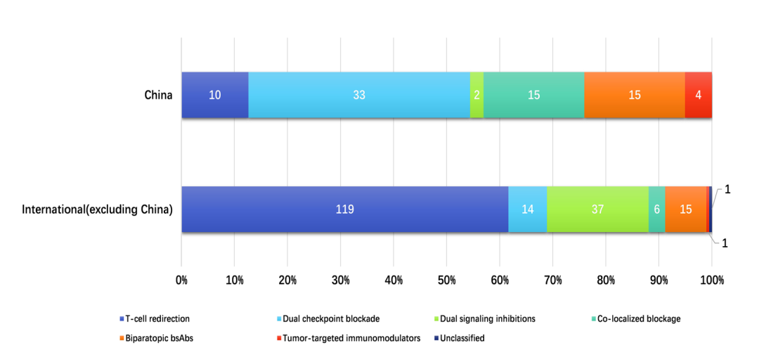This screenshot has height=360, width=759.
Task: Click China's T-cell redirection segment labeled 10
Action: [215, 95]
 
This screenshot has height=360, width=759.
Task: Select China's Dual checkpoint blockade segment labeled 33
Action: [359, 95]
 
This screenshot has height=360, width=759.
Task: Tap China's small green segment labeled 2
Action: [476, 95]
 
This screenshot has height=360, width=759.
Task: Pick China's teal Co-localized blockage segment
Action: [533, 95]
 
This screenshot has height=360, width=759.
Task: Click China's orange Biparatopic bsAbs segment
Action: [635, 95]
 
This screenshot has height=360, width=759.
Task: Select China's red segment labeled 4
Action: [699, 95]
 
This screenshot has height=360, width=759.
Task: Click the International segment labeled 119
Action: [344, 210]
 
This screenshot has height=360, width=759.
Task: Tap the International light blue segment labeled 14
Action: [527, 210]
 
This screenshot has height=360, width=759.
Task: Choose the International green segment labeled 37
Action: [597, 210]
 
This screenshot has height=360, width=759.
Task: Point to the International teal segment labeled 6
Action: [656, 210]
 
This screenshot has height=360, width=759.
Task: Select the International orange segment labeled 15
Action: [685, 210]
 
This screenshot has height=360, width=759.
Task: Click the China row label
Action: [158, 95]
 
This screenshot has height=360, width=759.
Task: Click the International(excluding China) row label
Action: [98, 210]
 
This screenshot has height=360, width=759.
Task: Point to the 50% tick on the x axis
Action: [447, 280]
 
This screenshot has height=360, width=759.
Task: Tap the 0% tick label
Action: [181, 280]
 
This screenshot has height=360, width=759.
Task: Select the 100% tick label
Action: [711, 280]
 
